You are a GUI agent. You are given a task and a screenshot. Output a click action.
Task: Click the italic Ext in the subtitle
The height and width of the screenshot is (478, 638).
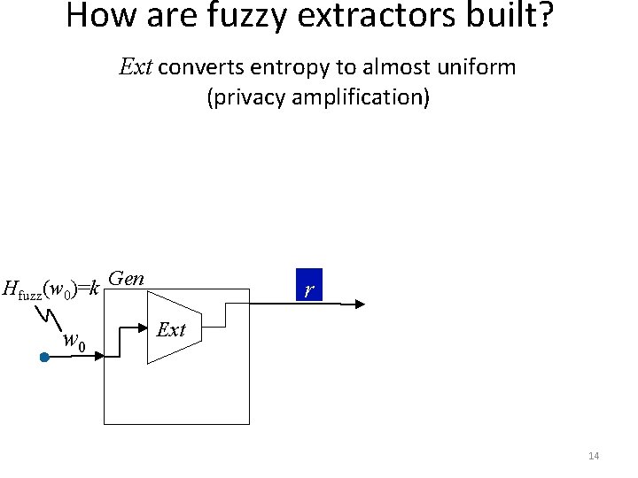point(136,67)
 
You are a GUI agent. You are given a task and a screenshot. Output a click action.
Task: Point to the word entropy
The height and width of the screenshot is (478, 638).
point(286,67)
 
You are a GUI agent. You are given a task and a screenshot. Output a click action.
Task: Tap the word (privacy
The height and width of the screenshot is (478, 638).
point(245,96)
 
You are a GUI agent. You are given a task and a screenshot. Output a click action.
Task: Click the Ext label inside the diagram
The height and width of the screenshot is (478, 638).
point(171,330)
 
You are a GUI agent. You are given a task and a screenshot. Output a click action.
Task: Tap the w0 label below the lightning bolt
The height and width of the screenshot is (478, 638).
point(74,341)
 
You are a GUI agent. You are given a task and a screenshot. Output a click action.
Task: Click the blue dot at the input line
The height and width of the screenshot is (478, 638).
point(43,358)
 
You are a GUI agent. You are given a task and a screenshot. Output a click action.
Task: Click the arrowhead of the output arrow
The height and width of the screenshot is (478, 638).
point(358,304)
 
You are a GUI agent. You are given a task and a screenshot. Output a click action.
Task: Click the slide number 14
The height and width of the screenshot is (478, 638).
point(594,456)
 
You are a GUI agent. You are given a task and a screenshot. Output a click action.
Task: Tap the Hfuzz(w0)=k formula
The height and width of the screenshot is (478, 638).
point(51,289)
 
